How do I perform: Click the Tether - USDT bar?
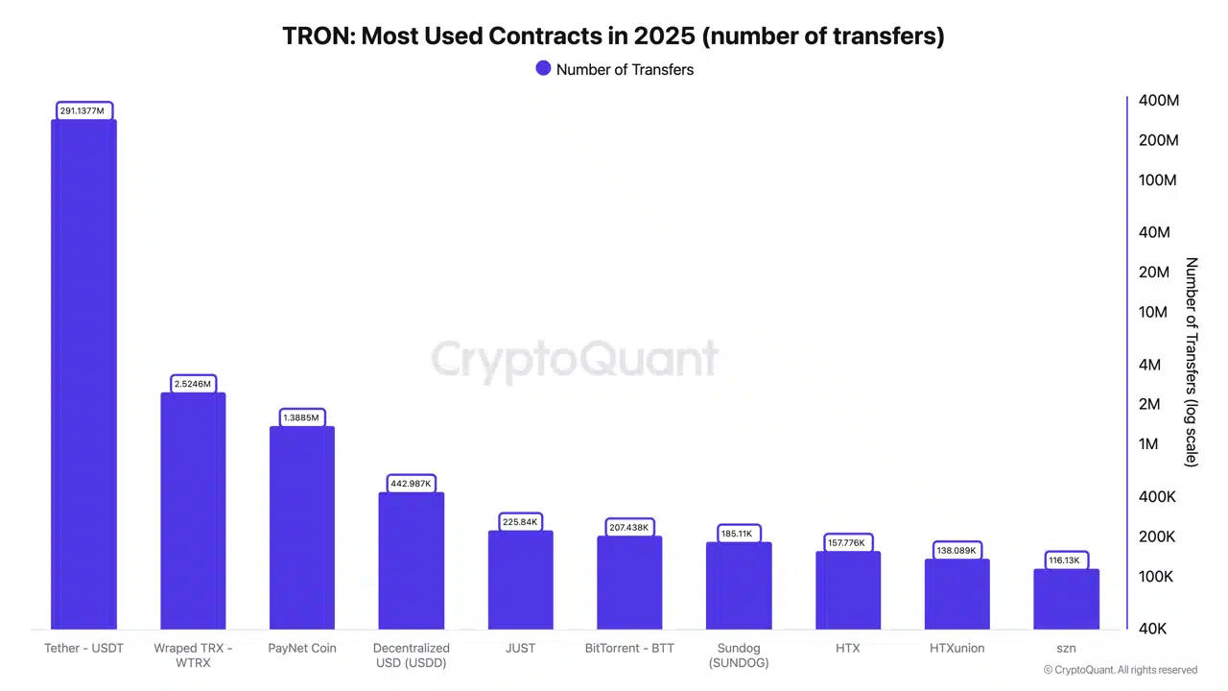coord(83,374)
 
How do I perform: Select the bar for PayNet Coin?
coord(302,528)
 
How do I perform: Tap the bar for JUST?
coord(520,580)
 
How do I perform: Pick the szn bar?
coord(1066,599)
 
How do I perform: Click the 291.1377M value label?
coord(83,111)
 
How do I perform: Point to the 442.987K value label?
coord(412,484)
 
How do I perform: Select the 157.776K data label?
coord(848,543)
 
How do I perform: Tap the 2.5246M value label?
coord(193,384)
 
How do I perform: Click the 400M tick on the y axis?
coord(1158,101)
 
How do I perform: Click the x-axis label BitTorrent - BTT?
coord(629,648)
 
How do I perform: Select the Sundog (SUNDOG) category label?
coord(739,655)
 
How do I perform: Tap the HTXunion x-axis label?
coord(956,648)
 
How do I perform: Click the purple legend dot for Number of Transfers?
coord(543,69)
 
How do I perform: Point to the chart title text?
coord(613,36)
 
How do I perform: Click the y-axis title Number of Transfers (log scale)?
coord(1192,362)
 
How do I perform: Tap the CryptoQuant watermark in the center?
coord(574,360)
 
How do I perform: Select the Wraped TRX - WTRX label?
coord(193,655)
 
